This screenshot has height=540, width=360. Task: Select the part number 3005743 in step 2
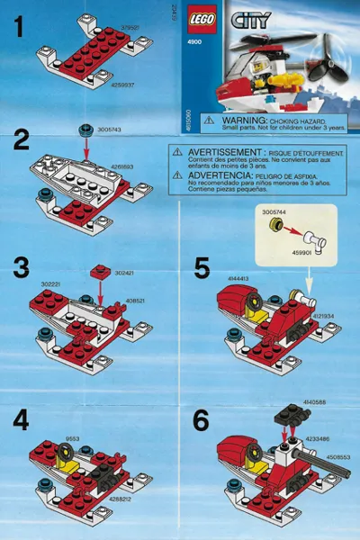112,130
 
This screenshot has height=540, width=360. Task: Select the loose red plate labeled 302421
99,270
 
